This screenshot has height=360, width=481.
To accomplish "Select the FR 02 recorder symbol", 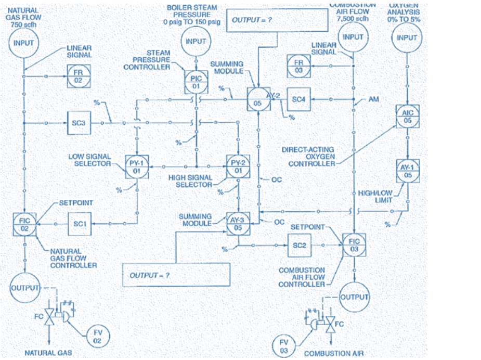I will coord(79,76).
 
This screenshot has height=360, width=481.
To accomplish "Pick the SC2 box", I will coord(298,244).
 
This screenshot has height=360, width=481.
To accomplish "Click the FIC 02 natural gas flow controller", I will coord(25,224).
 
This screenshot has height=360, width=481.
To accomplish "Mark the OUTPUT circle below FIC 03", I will coord(354,297).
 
